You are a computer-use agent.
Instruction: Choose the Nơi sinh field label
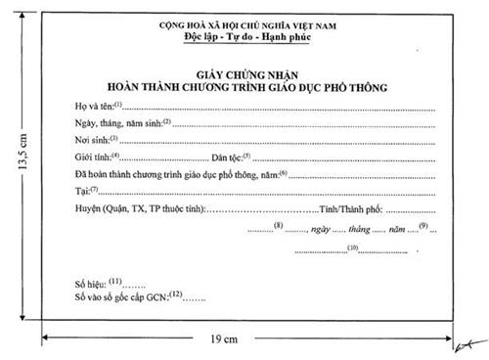(94, 140)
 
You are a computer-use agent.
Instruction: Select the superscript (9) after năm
(422, 227)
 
